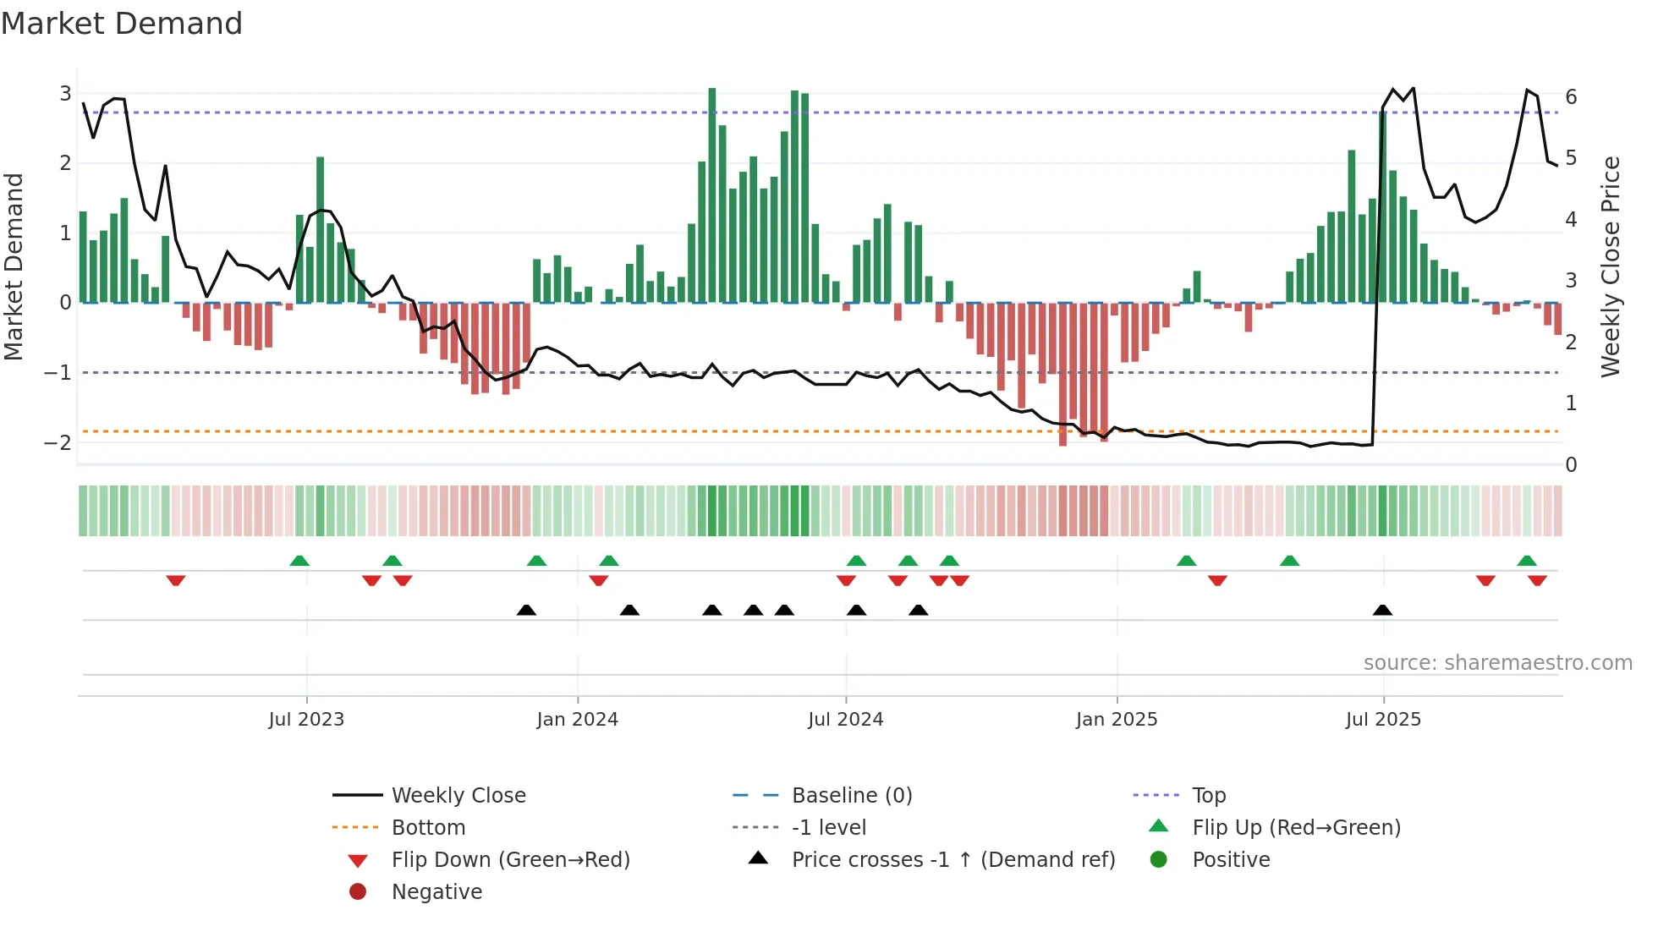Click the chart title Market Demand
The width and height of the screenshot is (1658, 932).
(x=122, y=24)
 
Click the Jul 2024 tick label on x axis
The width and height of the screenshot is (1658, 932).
(x=845, y=720)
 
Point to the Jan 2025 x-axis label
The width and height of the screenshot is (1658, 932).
(x=1116, y=720)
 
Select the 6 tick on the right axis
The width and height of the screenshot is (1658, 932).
(x=1571, y=96)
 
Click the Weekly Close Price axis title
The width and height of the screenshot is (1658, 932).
(x=1611, y=266)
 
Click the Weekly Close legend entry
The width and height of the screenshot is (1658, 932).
(x=458, y=796)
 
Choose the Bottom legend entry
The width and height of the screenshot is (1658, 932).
(x=428, y=828)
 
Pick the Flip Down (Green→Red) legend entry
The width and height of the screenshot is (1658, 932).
(x=510, y=860)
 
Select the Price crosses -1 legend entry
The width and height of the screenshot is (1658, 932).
(x=953, y=860)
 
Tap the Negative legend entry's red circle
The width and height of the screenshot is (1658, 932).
(x=358, y=892)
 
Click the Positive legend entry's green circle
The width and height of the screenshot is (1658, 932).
(x=1159, y=860)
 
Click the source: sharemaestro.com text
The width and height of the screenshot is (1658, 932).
(x=1497, y=663)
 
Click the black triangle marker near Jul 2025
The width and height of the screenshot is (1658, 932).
(x=1382, y=611)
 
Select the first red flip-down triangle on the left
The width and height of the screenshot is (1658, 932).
(x=176, y=580)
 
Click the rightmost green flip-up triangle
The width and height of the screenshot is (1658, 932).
(x=1527, y=561)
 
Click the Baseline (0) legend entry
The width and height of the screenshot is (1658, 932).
(x=851, y=796)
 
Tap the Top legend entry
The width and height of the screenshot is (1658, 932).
(x=1208, y=796)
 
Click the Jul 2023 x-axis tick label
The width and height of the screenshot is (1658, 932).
(x=306, y=720)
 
